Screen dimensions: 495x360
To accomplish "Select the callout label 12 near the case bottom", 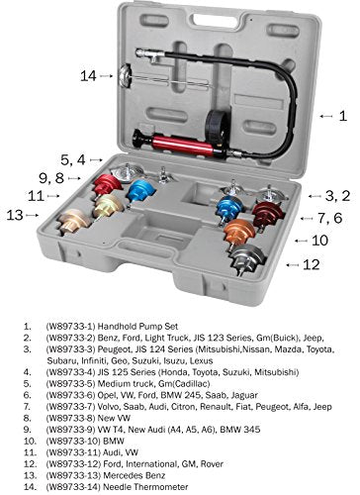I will pyautogui.click(x=314, y=264).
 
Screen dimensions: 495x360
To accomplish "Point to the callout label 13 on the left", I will pyautogui.click(x=15, y=214).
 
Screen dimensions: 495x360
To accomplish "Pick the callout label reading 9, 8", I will pyautogui.click(x=51, y=178).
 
